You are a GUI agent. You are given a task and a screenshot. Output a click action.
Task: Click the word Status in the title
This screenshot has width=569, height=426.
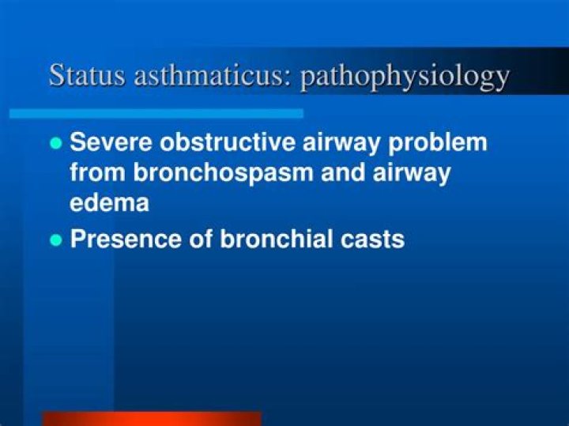(87, 75)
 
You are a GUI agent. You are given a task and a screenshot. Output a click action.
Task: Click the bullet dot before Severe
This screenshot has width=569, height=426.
(56, 142)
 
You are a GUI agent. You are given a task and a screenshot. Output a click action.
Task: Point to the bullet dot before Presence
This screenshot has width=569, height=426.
(56, 239)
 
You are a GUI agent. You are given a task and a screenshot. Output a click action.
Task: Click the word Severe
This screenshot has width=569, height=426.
(111, 142)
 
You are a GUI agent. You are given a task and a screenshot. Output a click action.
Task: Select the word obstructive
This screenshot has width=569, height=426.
(227, 142)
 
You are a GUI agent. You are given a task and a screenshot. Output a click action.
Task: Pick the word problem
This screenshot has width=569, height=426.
(437, 143)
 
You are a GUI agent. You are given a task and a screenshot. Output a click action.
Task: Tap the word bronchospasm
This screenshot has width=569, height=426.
(223, 173)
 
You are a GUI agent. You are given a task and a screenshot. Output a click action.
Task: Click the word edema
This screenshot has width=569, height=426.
(109, 202)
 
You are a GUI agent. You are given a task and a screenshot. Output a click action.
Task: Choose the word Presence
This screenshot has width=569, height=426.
(126, 239)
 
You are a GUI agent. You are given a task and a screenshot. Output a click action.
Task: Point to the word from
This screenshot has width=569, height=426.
(97, 172)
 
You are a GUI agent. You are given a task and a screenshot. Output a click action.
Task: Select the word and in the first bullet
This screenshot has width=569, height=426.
(343, 172)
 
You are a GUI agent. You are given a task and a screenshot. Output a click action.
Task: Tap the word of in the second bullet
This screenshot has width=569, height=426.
(201, 239)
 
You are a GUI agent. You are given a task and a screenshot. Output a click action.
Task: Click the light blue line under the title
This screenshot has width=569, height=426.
(156, 114)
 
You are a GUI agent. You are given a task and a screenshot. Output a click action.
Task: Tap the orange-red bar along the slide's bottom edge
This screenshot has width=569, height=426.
(152, 419)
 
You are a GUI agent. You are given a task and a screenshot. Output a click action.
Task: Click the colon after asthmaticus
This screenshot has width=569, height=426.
(288, 79)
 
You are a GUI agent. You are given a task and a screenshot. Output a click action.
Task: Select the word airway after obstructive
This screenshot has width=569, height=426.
(341, 143)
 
